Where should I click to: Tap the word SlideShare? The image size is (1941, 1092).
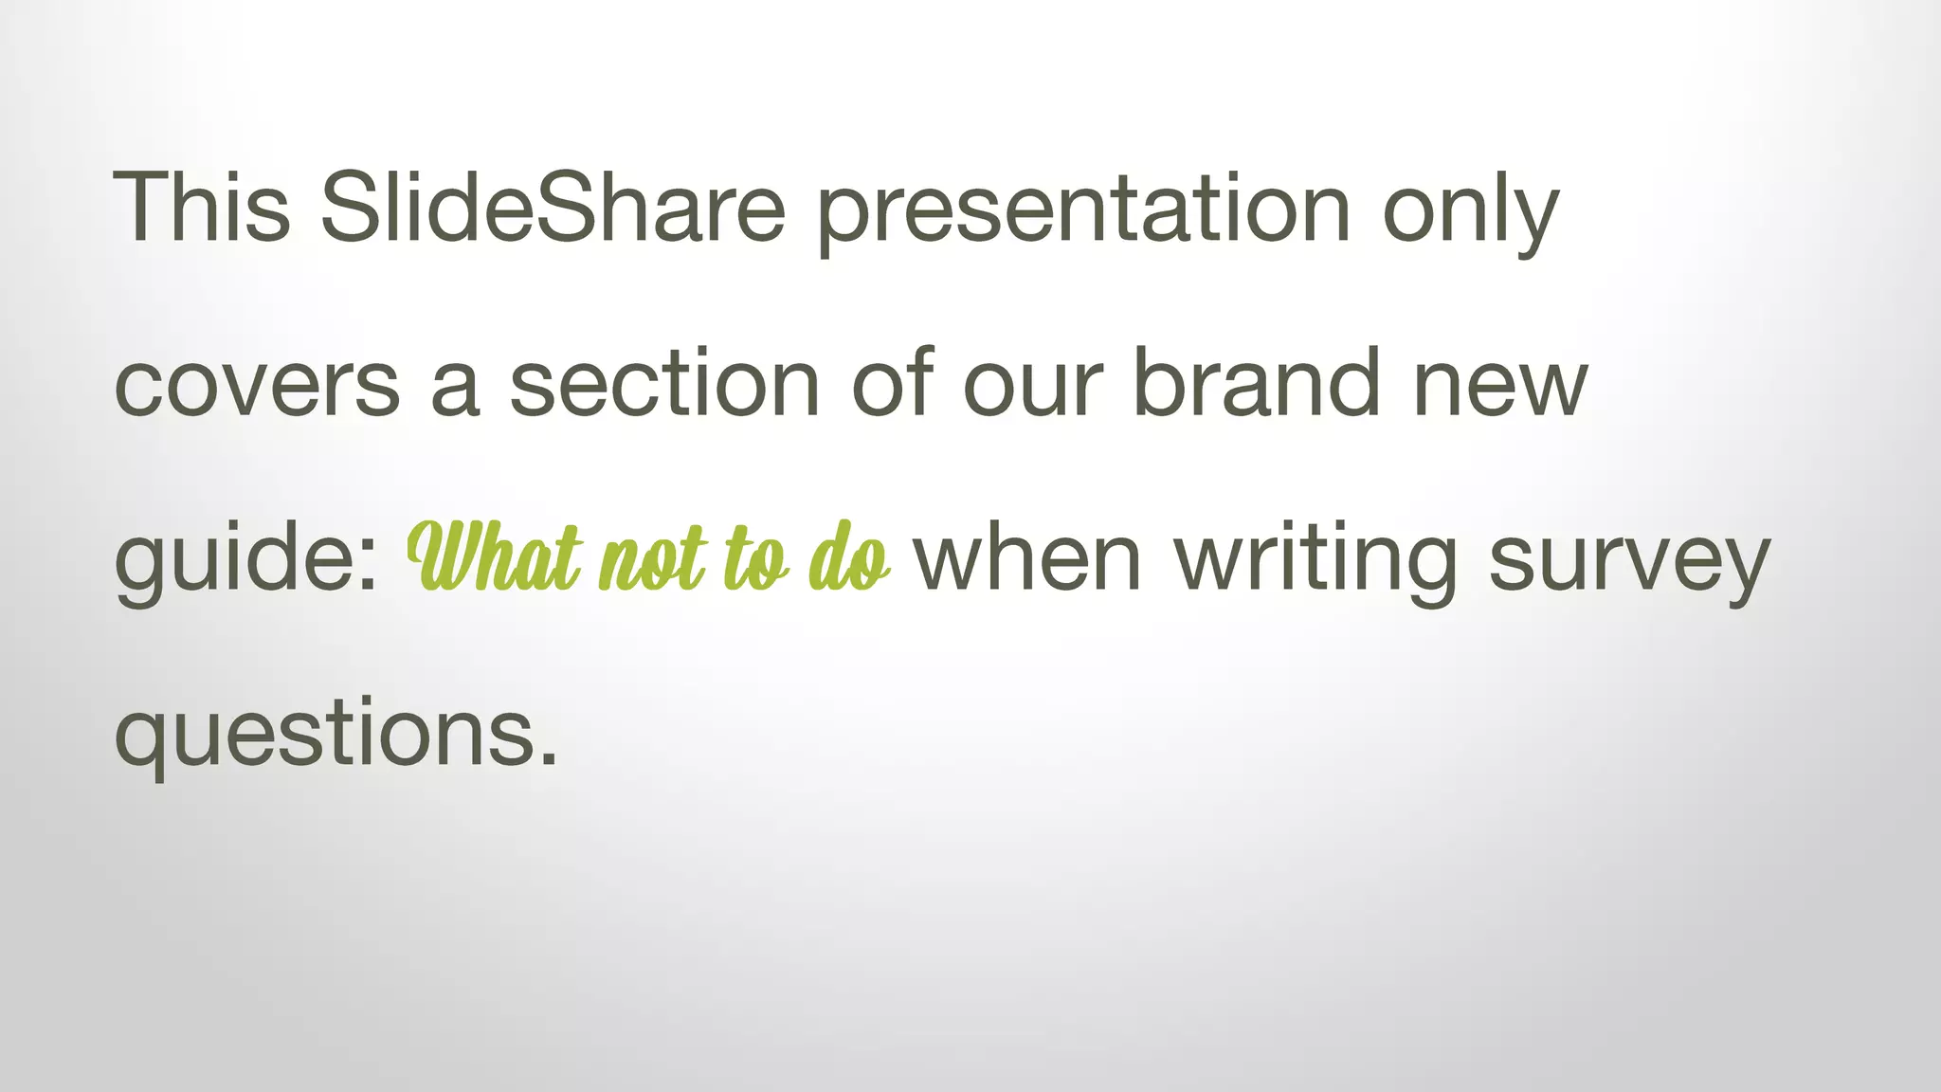pos(553,207)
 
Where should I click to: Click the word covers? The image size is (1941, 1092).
pos(257,385)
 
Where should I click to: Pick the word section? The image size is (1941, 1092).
pos(664,383)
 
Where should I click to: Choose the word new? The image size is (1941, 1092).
pos(1499,385)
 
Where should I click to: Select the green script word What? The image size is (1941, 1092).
pos(494,559)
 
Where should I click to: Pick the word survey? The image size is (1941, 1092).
pos(1628,561)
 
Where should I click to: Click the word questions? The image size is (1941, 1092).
pos(323,736)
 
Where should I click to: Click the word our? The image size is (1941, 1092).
pos(1033,385)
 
